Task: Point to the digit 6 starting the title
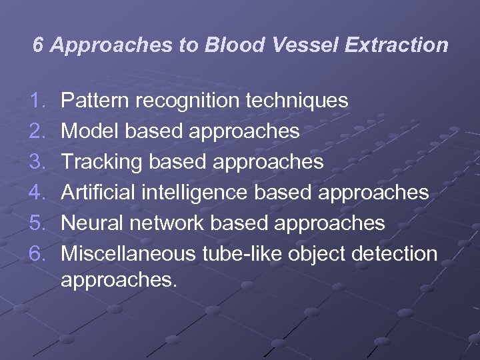coord(39,45)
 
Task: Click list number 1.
coord(38,101)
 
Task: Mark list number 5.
coord(38,223)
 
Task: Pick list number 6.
coord(38,254)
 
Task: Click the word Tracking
coord(101,162)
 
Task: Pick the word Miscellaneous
coord(127,254)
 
